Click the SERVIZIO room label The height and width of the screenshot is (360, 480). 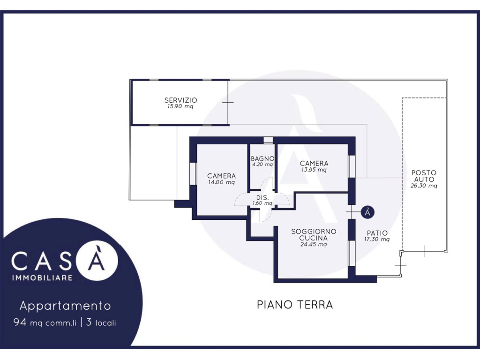tap(180, 100)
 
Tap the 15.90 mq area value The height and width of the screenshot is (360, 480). tap(180, 106)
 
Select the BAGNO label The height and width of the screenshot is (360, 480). tap(262, 158)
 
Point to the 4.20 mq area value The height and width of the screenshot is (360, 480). tap(262, 165)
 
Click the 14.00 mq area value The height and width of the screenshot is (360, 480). tap(221, 182)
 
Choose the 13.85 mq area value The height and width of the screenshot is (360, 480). tap(314, 170)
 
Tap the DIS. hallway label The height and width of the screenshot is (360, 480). tap(262, 198)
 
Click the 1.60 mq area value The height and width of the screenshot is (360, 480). tap(262, 203)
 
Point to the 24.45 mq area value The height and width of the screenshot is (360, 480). tap(314, 244)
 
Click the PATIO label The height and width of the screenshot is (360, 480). tap(377, 233)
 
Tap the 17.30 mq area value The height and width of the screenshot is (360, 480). tap(377, 240)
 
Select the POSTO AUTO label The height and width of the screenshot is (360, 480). tap(424, 176)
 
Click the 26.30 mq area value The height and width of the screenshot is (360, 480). tap(424, 186)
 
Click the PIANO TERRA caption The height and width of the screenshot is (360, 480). tap(295, 305)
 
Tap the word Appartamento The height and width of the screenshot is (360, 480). tap(65, 306)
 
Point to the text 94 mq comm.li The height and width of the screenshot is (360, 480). tap(45, 322)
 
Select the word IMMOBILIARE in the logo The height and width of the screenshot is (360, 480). tap(42, 277)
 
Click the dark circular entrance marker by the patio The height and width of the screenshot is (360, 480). tap(367, 212)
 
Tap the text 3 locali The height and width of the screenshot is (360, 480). tap(101, 322)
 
